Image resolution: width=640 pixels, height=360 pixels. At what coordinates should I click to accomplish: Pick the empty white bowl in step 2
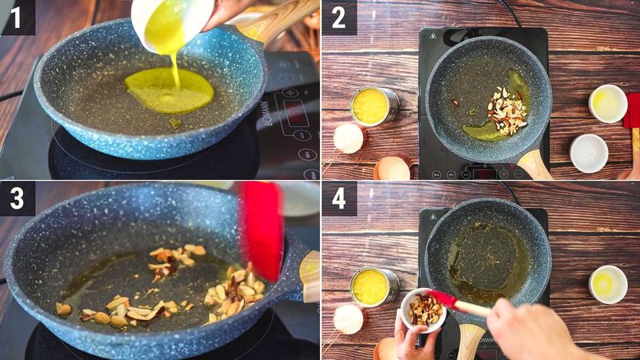tap(589, 152)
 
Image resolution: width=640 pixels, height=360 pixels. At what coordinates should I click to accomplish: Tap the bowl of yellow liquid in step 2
tap(608, 103)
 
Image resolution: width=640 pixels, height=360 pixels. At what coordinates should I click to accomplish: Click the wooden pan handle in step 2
tap(534, 164)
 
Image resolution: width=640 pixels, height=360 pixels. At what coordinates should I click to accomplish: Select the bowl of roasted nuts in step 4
tap(422, 309)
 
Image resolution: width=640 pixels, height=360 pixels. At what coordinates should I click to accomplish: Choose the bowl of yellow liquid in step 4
tap(608, 283)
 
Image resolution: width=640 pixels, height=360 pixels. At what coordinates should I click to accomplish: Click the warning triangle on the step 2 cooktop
tap(433, 36)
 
